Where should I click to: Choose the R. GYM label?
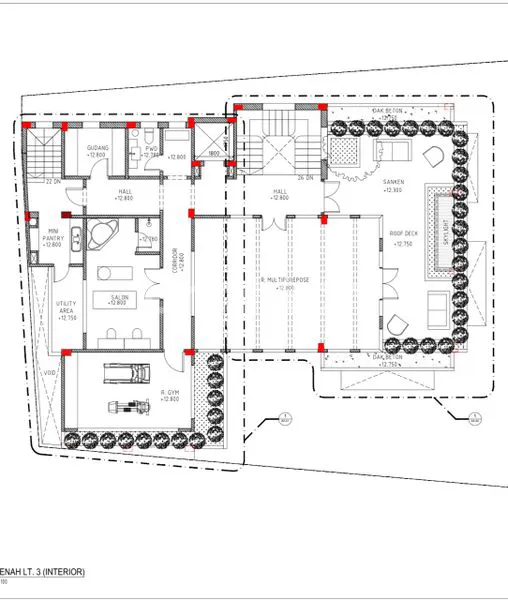coord(168,394)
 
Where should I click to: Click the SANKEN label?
coord(393,183)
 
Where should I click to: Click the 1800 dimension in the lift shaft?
coord(213,155)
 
